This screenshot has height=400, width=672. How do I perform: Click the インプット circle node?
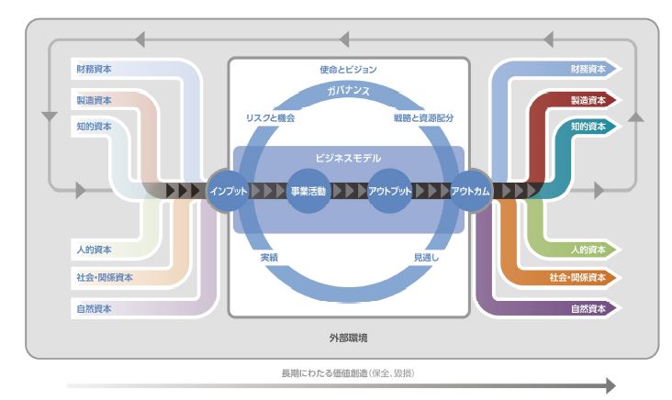coord(228,191)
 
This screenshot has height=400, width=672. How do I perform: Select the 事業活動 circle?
coord(308,191)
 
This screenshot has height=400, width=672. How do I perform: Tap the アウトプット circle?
coord(389,191)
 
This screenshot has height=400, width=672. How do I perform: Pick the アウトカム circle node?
coord(470,191)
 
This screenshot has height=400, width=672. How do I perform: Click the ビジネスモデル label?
coord(348,158)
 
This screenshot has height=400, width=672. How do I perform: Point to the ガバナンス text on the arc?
coord(348,91)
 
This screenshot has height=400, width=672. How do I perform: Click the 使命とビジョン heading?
coord(348,70)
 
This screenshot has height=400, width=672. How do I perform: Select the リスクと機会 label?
coord(270,117)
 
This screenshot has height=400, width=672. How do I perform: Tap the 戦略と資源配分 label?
coord(423,117)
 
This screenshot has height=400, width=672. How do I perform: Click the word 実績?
coord(269,258)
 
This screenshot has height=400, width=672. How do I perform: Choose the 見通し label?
coord(426,258)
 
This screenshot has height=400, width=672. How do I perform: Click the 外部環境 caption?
coord(348,338)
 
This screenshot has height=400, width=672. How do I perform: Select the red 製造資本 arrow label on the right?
coord(588,100)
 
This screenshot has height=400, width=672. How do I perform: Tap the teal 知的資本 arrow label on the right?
coord(588,127)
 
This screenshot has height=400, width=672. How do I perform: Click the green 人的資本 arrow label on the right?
coord(588,250)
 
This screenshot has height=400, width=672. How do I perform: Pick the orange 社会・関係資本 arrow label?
coord(577,277)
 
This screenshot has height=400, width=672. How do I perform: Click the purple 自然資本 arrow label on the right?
coord(588,309)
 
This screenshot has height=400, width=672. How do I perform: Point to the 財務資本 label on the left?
coord(94,69)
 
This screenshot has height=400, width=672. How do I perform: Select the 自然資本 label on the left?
coord(94,309)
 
